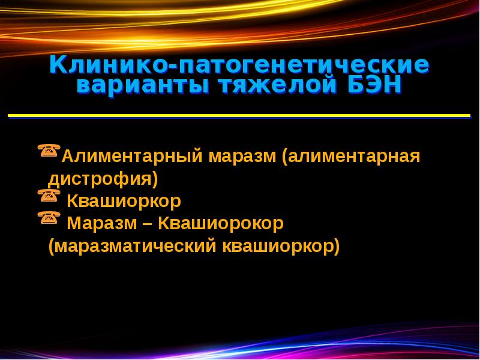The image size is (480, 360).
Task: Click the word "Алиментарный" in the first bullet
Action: pyautogui.click(x=131, y=157)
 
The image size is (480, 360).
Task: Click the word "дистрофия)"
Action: pyautogui.click(x=103, y=179)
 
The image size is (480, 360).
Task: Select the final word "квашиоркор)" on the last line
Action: pyautogui.click(x=281, y=245)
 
